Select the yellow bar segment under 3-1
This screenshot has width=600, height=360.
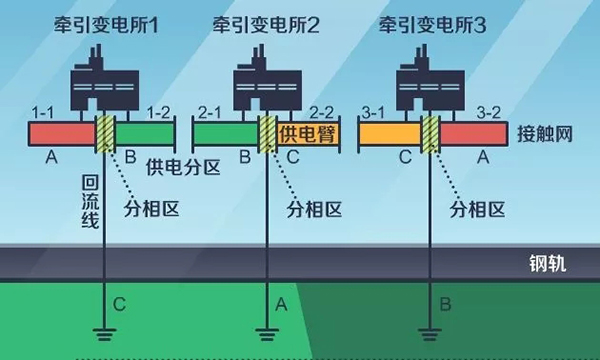click(389, 133)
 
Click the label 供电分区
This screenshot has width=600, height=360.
click(182, 165)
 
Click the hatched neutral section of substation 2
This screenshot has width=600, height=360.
click(266, 133)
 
